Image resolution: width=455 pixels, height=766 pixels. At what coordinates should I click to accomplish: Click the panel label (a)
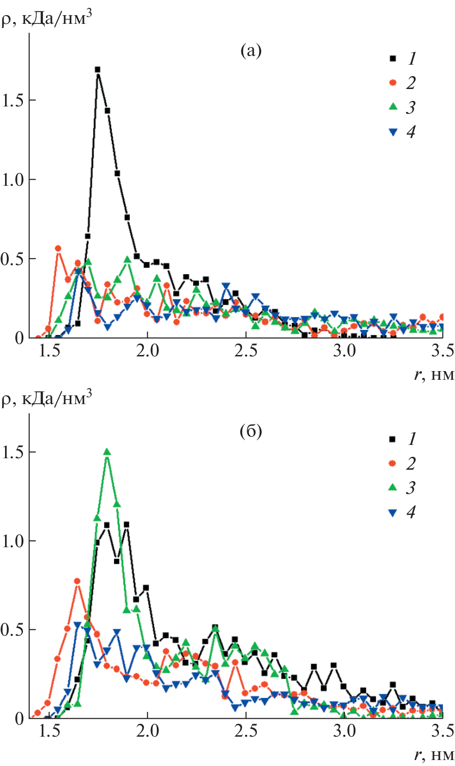pyautogui.click(x=251, y=50)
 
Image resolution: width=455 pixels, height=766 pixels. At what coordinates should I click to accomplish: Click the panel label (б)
pyautogui.click(x=251, y=431)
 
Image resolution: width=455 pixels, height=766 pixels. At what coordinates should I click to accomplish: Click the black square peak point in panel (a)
pyautogui.click(x=97, y=70)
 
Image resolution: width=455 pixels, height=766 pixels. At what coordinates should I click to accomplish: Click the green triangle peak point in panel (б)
pyautogui.click(x=107, y=452)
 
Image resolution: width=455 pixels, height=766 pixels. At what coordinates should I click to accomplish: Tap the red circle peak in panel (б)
pyautogui.click(x=78, y=581)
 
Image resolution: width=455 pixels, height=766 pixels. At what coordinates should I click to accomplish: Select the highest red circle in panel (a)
pyautogui.click(x=58, y=248)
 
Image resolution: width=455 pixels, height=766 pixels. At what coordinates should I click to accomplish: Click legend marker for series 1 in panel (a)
pyautogui.click(x=393, y=58)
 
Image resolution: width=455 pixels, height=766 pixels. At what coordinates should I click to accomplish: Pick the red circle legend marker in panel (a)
pyautogui.click(x=393, y=83)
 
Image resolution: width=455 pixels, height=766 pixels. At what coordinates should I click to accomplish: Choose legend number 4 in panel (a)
pyautogui.click(x=411, y=132)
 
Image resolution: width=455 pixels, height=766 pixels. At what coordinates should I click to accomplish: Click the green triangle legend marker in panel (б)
pyautogui.click(x=393, y=487)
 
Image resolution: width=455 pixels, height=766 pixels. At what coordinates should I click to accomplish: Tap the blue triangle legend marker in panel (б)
pyautogui.click(x=393, y=512)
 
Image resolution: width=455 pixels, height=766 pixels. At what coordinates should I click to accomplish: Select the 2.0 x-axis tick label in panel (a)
pyautogui.click(x=147, y=351)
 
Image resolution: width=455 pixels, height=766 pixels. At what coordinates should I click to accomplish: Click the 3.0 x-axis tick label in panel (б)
pyautogui.click(x=344, y=731)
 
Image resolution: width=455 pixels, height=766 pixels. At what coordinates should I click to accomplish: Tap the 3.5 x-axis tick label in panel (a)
pyautogui.click(x=442, y=351)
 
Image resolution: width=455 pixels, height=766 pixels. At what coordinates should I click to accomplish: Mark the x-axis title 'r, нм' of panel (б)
pyautogui.click(x=434, y=755)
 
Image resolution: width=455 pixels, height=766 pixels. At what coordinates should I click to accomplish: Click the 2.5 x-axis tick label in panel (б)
pyautogui.click(x=246, y=731)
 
